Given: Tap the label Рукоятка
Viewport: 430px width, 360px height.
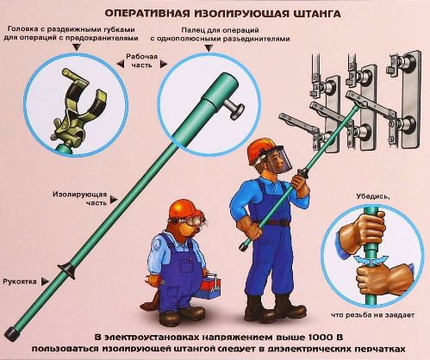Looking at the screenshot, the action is coord(20,282).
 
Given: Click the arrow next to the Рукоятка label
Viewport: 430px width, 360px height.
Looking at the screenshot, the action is coord(45,282).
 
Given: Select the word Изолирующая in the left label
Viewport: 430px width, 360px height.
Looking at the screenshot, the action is coord(79,195).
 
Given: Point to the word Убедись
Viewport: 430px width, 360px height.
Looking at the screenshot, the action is coord(373,197).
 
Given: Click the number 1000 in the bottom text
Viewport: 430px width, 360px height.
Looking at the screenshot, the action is coord(319,337).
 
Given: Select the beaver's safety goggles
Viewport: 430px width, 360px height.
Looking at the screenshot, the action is coord(188,222).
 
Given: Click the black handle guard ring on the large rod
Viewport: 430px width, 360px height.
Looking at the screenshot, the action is coord(67,270).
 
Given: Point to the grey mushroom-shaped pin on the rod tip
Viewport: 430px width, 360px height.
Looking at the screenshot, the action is coord(234,109).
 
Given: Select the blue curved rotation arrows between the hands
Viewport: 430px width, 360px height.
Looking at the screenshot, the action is coord(371,260).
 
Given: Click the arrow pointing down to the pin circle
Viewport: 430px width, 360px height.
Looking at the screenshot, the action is coord(209,48).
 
